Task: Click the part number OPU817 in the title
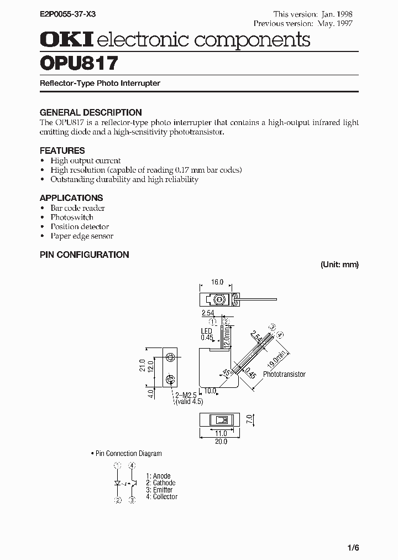click(x=78, y=63)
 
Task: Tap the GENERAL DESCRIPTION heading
click(x=91, y=112)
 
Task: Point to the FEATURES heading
click(x=62, y=151)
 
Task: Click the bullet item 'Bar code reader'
click(x=77, y=208)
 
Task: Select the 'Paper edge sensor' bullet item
click(x=82, y=236)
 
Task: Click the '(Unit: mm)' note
click(x=339, y=265)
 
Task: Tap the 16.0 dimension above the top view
click(x=217, y=282)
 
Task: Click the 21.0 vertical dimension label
click(x=142, y=366)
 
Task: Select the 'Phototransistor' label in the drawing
click(x=284, y=375)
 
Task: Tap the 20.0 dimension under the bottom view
click(x=221, y=442)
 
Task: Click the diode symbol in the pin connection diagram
click(x=118, y=483)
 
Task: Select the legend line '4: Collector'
click(x=161, y=497)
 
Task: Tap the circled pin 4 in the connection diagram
click(x=132, y=467)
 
